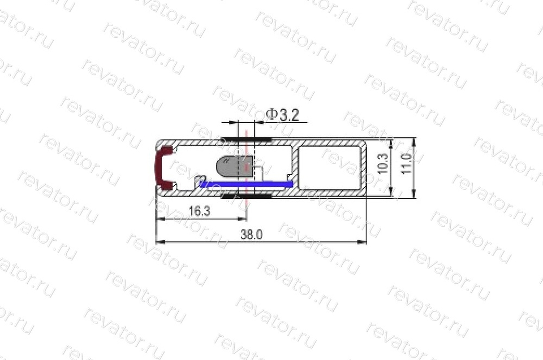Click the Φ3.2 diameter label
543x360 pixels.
tap(282, 115)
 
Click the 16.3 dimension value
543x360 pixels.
tap(199, 211)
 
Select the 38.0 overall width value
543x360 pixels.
tap(251, 235)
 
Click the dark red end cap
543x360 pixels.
tap(163, 167)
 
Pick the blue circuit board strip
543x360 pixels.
tap(247, 184)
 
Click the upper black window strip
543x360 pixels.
tap(246, 140)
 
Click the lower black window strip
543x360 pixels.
tap(246, 196)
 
